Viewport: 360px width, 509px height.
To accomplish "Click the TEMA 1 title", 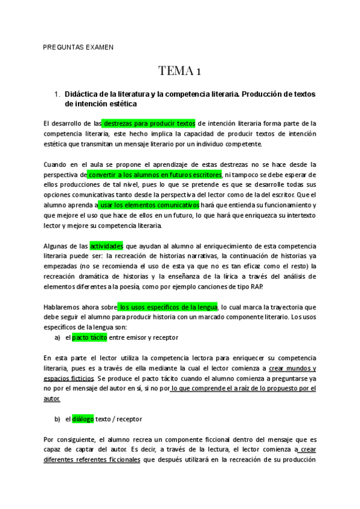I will pyautogui.click(x=179, y=71).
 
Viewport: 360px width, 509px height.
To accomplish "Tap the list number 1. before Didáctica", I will pyautogui.click(x=57, y=94).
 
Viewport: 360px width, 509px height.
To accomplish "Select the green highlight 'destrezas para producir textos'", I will pyautogui.click(x=149, y=124).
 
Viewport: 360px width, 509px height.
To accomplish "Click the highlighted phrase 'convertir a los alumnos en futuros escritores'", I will pyautogui.click(x=155, y=174).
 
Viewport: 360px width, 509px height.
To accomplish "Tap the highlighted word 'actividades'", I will pyautogui.click(x=106, y=246).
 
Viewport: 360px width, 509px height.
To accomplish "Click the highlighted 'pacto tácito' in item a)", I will pyautogui.click(x=89, y=337).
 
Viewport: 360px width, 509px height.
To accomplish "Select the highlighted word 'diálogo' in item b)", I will pyautogui.click(x=83, y=419).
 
